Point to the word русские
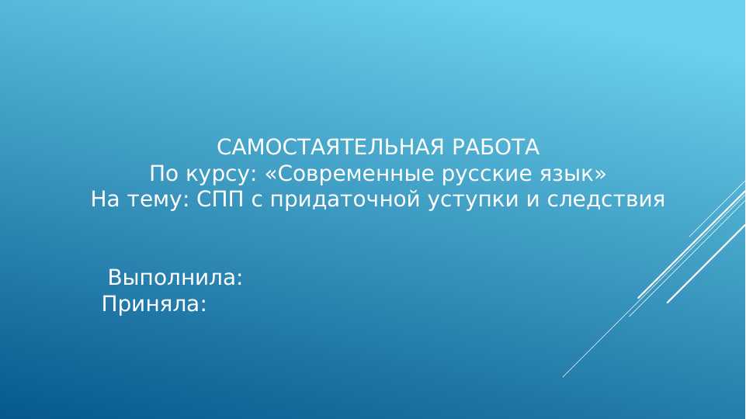pos(482,173)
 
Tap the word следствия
pos(605,199)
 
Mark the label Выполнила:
pos(175,278)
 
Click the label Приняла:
pos(154,305)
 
